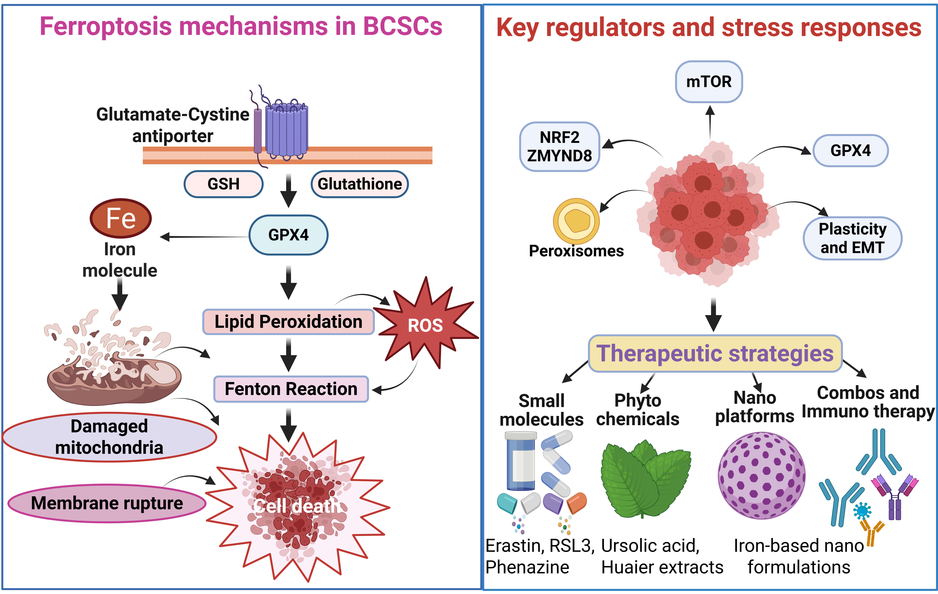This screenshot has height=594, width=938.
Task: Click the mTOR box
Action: point(709,82)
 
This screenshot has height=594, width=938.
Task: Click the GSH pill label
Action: point(224,184)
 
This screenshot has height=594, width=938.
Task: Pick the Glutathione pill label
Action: point(360,184)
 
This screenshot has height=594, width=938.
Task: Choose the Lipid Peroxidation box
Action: point(288,322)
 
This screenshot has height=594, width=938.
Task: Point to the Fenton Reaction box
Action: point(291,389)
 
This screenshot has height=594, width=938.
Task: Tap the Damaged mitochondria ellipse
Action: point(109,437)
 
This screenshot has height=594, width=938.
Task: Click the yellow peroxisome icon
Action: point(576,221)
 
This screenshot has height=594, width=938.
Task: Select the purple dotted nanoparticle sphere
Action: point(761,475)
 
